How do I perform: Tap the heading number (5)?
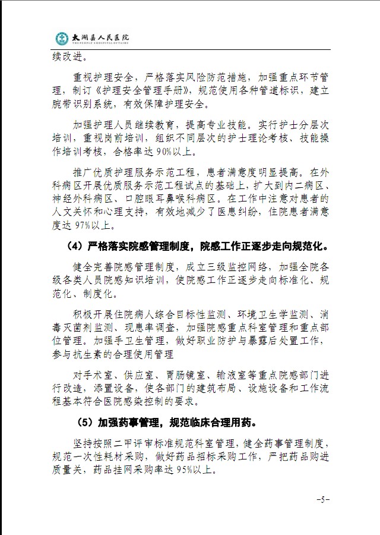[85, 424]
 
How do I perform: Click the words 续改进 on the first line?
[69, 58]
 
